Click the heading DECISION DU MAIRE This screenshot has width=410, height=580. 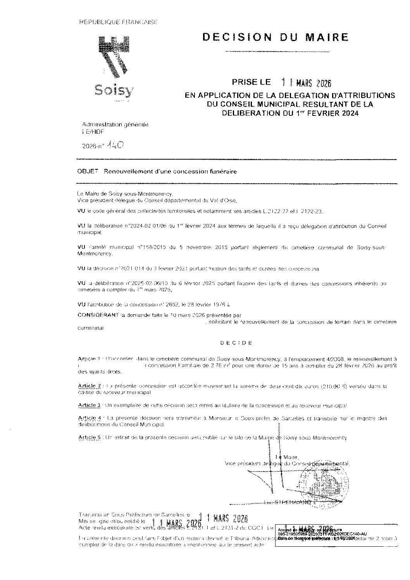pyautogui.click(x=276, y=37)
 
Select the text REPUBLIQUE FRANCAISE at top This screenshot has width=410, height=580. pyautogui.click(x=118, y=22)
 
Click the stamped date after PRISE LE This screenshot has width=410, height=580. pyautogui.click(x=307, y=83)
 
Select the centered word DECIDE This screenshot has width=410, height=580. pyautogui.click(x=236, y=343)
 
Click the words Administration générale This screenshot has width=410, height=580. pyautogui.click(x=115, y=124)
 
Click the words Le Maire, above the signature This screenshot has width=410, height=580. pyautogui.click(x=287, y=457)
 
